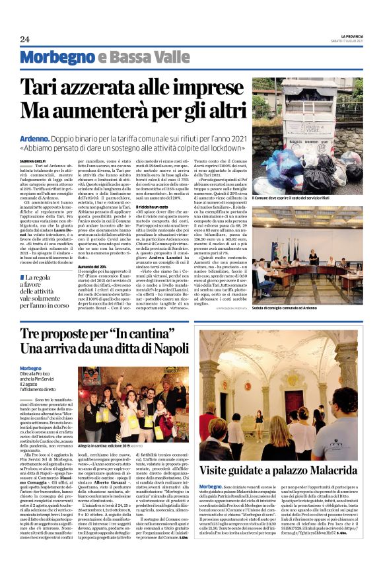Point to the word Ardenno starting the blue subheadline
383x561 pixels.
point(35,139)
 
